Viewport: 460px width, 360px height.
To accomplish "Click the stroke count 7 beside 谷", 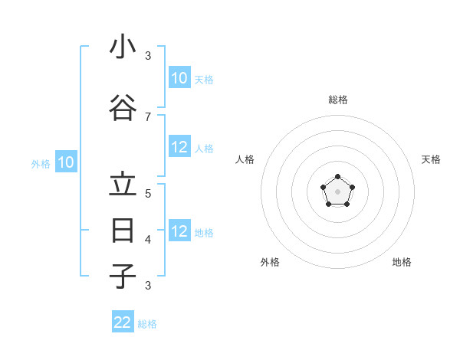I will click(148, 116).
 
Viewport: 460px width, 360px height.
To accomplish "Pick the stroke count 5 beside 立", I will click(148, 193).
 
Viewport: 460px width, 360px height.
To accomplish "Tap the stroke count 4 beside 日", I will click(148, 239).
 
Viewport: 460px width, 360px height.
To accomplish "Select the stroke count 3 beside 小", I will click(148, 55).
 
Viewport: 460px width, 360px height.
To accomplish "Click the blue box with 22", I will click(123, 322).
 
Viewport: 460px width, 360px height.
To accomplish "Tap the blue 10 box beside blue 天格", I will click(179, 78).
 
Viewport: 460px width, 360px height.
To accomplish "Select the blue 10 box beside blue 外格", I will click(66, 162).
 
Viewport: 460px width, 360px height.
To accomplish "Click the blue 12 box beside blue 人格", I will click(179, 148).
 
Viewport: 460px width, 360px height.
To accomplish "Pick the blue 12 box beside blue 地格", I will click(179, 232).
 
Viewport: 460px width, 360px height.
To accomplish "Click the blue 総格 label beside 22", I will click(147, 324).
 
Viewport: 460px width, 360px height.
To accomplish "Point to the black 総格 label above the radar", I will click(338, 100).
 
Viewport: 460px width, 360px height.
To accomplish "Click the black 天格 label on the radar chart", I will click(431, 159).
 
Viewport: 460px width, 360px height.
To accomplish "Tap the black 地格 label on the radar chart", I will click(402, 262).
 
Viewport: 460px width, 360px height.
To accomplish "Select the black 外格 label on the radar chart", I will click(270, 262).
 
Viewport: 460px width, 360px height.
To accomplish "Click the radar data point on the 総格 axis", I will click(337, 177).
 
